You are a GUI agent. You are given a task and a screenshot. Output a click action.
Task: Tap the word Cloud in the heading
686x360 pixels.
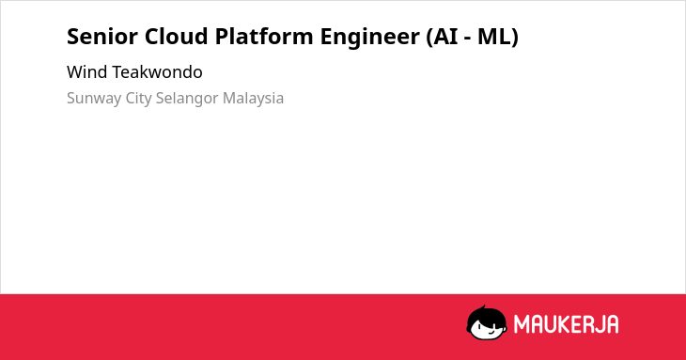pos(177,37)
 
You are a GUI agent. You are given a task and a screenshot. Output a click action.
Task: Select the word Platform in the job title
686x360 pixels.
pos(264,37)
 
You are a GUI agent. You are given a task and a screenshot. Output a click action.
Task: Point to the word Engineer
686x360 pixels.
pos(370,38)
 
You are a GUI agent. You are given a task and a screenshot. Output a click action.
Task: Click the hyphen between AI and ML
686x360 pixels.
pos(469,39)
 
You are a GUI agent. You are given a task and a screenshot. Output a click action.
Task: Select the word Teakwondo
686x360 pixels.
pos(158,72)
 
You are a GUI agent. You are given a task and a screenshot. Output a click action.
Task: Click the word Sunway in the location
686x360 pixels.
pos(94,99)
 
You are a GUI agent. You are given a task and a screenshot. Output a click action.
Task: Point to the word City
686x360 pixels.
pos(139,99)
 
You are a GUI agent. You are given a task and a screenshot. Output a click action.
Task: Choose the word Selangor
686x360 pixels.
pos(187,99)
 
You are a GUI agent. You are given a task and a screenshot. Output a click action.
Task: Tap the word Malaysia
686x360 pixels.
pos(254,99)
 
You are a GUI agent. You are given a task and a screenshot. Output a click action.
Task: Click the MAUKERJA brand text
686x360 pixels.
pos(566,324)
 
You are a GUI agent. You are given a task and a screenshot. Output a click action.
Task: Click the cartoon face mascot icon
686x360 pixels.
pos(487,322)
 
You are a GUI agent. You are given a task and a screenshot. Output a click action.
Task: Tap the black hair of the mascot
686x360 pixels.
pos(486,313)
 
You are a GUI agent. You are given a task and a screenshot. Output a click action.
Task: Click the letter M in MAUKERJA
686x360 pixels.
pos(522,324)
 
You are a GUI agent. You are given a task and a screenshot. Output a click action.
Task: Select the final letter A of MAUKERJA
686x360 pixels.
pos(612,324)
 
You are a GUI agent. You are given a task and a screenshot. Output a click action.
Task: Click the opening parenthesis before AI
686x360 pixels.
pos(429,38)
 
